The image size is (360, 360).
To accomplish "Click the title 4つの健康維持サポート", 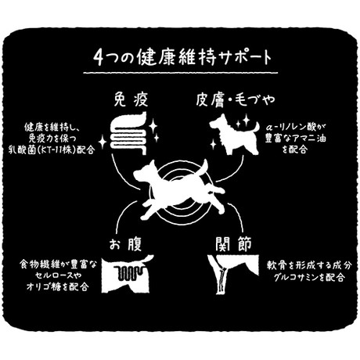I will pos(182,57).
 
